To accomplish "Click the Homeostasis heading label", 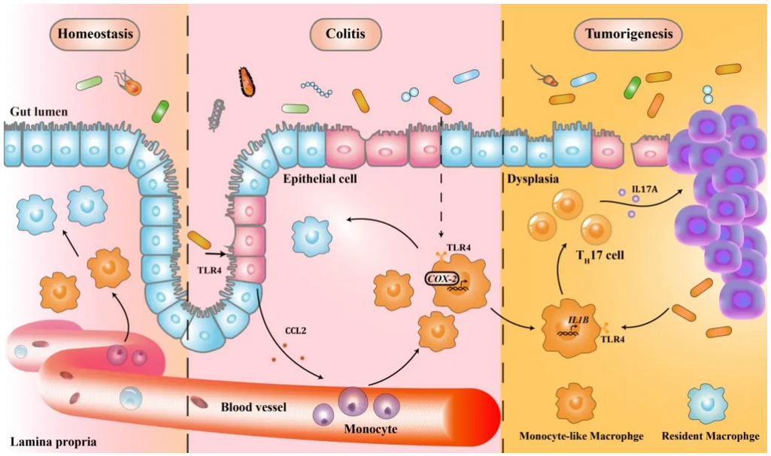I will coord(95,35).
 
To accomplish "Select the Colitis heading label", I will coord(345,35).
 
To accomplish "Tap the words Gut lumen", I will coord(39,112).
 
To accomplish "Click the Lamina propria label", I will coord(53,442).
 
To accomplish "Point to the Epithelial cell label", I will coord(319,180).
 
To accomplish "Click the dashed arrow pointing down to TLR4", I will coord(442,188).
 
